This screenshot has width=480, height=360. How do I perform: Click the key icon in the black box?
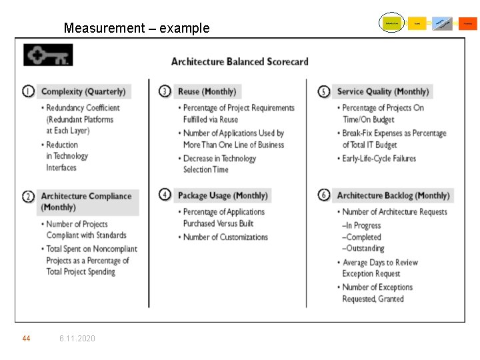[47, 55]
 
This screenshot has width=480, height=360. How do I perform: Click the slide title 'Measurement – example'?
[136, 28]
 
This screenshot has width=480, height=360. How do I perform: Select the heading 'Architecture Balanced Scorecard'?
[239, 61]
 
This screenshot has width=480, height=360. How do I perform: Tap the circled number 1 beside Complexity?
[28, 91]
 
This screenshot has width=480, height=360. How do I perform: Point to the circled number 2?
[28, 197]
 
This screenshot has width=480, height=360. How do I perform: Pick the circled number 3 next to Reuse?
[165, 91]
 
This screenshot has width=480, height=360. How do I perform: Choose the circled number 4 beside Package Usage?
[165, 195]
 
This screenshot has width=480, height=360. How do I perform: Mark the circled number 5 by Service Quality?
[324, 91]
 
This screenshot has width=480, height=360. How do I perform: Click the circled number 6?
[324, 195]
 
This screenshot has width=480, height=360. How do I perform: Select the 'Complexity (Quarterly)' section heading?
[83, 91]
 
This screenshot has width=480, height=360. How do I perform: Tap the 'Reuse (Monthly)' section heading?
[207, 91]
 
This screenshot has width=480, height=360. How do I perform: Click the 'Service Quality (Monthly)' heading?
[383, 91]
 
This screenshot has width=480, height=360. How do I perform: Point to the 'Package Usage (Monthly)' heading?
[223, 195]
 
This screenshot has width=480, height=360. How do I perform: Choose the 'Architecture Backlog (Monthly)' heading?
[393, 195]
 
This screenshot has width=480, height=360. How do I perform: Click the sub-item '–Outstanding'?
[363, 249]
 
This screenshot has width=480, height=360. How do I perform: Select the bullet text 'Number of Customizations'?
[225, 237]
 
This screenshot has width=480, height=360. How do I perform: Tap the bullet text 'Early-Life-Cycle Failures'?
[379, 159]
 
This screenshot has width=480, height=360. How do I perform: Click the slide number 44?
[26, 339]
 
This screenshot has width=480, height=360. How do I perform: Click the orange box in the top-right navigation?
[468, 23]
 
